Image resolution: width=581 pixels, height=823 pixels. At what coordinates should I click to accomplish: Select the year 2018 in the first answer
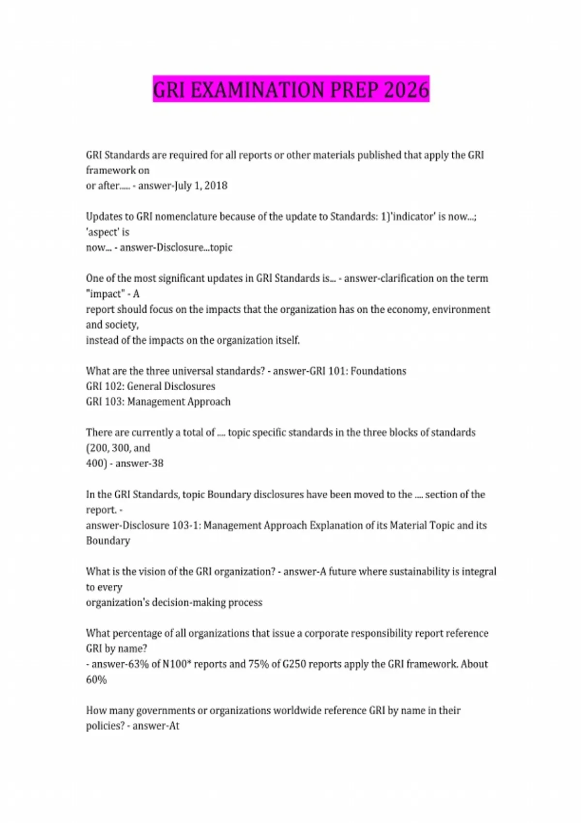(x=215, y=185)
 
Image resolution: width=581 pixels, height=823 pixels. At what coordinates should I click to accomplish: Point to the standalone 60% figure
(x=96, y=680)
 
